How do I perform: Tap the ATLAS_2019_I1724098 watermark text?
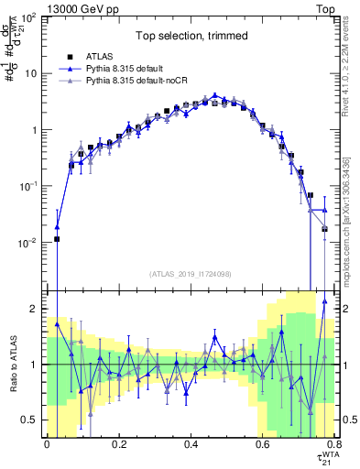[191, 274]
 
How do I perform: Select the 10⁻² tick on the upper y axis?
[28, 243]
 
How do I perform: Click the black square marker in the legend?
[70, 56]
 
